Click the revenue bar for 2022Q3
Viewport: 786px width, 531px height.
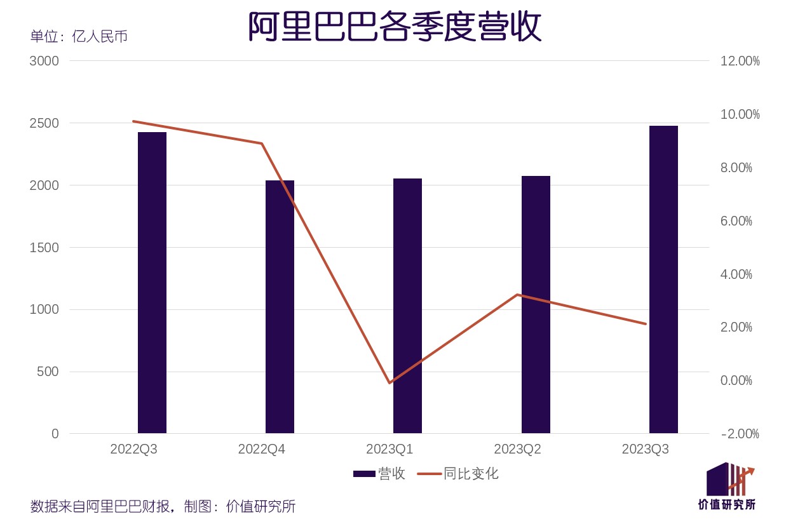(152, 283)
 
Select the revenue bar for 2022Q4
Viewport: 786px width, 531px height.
(280, 307)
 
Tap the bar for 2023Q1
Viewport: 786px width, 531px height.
(407, 306)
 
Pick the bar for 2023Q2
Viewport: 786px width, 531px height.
(536, 305)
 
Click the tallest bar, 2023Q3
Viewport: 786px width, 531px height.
(663, 279)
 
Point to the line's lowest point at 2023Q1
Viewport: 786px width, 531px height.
(390, 383)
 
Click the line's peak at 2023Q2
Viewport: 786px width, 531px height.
(518, 295)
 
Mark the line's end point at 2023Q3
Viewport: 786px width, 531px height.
(646, 324)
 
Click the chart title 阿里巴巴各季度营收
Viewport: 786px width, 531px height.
(394, 27)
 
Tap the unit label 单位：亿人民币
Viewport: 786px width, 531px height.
(79, 36)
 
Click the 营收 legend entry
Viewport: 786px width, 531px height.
(379, 474)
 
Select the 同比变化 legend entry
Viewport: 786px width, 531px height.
(457, 474)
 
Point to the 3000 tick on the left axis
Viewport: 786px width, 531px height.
(44, 61)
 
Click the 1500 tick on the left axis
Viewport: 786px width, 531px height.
(44, 247)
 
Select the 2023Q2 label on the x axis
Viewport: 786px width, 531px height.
(517, 450)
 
